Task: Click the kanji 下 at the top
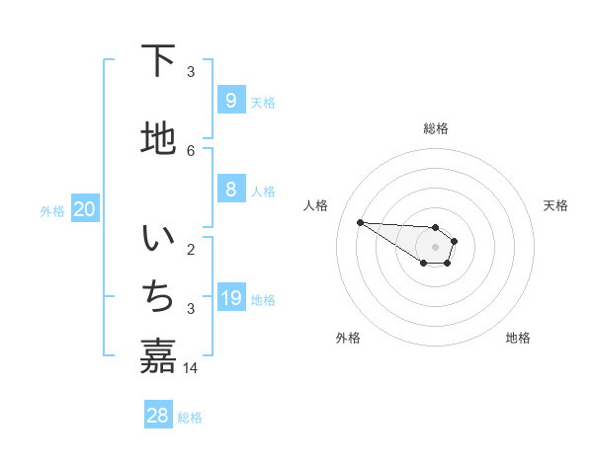pyautogui.click(x=158, y=61)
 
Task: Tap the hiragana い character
pyautogui.click(x=158, y=240)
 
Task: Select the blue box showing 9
pyautogui.click(x=230, y=100)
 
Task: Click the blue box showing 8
pyautogui.click(x=230, y=190)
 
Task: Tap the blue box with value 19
pyautogui.click(x=230, y=298)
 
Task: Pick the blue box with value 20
pyautogui.click(x=84, y=209)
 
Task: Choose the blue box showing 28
pyautogui.click(x=158, y=416)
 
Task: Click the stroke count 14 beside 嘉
pyautogui.click(x=191, y=367)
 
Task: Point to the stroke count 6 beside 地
pyautogui.click(x=191, y=150)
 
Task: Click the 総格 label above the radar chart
pyautogui.click(x=436, y=128)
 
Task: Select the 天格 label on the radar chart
pyautogui.click(x=556, y=205)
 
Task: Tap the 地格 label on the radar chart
pyautogui.click(x=518, y=338)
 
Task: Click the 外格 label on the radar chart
pyautogui.click(x=348, y=338)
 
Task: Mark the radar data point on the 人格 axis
pyautogui.click(x=360, y=222)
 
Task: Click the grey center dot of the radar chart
pyautogui.click(x=435, y=247)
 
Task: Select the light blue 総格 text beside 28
pyautogui.click(x=190, y=418)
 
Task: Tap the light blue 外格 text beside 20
pyautogui.click(x=52, y=210)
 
